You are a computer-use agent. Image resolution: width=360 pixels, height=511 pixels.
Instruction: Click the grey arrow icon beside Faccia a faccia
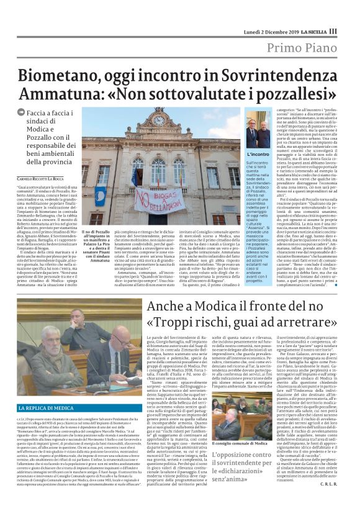point(22,112)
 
